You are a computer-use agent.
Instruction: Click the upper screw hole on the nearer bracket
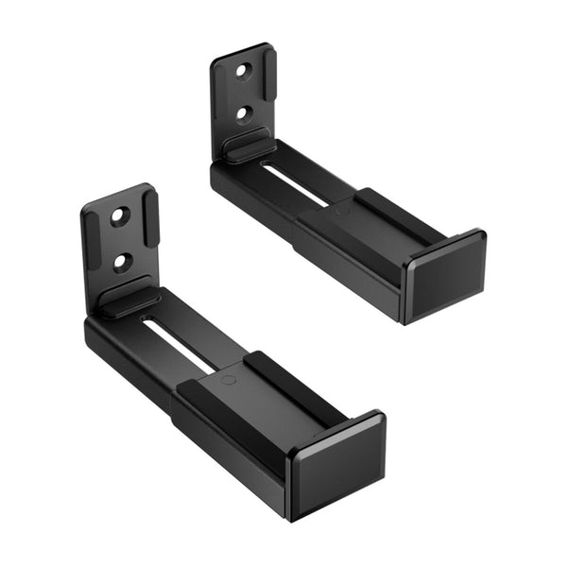tap(118, 216)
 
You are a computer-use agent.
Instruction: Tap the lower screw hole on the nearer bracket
tap(122, 261)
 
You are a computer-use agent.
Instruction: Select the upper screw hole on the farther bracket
tap(243, 71)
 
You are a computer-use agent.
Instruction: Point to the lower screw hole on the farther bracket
tap(245, 113)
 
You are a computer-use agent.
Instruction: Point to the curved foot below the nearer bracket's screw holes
tap(129, 301)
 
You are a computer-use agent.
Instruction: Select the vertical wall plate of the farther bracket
tap(243, 93)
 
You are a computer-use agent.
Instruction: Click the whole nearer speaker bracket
tap(217, 369)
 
